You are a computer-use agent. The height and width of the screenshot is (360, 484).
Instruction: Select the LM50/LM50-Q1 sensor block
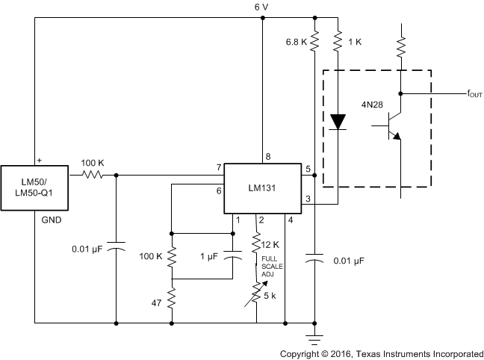coord(34,187)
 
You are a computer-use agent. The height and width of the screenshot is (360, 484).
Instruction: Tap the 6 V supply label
coord(261,7)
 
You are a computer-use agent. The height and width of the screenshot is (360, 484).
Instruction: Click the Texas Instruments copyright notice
coord(381,353)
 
